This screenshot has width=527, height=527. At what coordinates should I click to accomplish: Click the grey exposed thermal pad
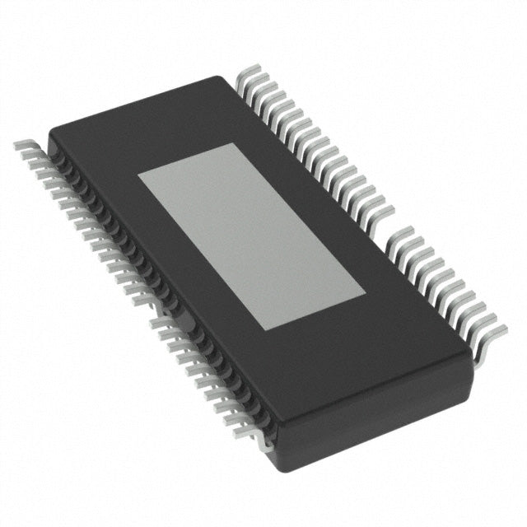pyautogui.click(x=250, y=237)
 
